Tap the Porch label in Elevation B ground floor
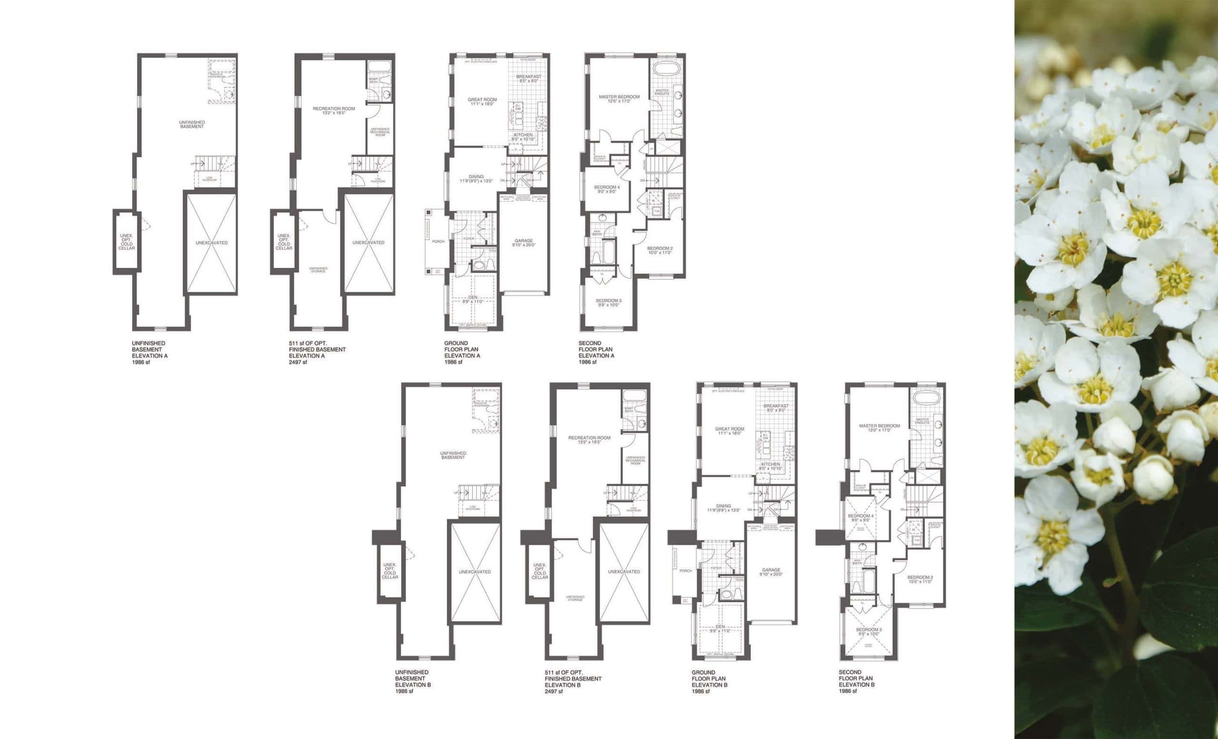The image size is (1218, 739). click(x=686, y=571)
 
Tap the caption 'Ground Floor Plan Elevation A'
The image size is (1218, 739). click(x=462, y=352)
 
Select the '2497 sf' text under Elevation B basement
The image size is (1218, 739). click(x=553, y=691)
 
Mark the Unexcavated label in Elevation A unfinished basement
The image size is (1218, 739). click(x=211, y=243)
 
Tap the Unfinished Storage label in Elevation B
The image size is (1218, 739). click(x=575, y=598)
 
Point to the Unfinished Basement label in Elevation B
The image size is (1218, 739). click(x=453, y=455)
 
